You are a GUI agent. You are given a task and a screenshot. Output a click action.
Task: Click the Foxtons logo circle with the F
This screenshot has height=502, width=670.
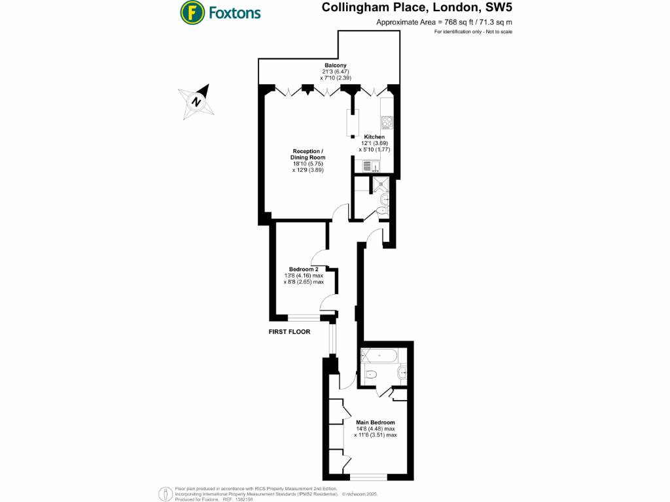point(191,12)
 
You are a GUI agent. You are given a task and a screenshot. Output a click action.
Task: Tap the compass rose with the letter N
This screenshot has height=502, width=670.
point(196,101)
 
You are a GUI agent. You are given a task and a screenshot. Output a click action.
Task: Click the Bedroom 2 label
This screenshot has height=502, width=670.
point(304,269)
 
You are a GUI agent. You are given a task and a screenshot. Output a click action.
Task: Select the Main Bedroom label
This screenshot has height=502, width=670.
point(375,422)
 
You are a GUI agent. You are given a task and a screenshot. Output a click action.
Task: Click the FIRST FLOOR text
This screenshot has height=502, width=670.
point(289,332)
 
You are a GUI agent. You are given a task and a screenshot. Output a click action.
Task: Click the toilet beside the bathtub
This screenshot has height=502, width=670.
point(370,375)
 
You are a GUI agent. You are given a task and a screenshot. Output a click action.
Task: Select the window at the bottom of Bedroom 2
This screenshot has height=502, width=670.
point(304,318)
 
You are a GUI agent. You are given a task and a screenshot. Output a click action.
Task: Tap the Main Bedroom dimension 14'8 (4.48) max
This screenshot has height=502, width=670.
point(376,428)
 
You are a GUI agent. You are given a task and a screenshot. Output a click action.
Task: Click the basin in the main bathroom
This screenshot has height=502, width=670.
point(402,373)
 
